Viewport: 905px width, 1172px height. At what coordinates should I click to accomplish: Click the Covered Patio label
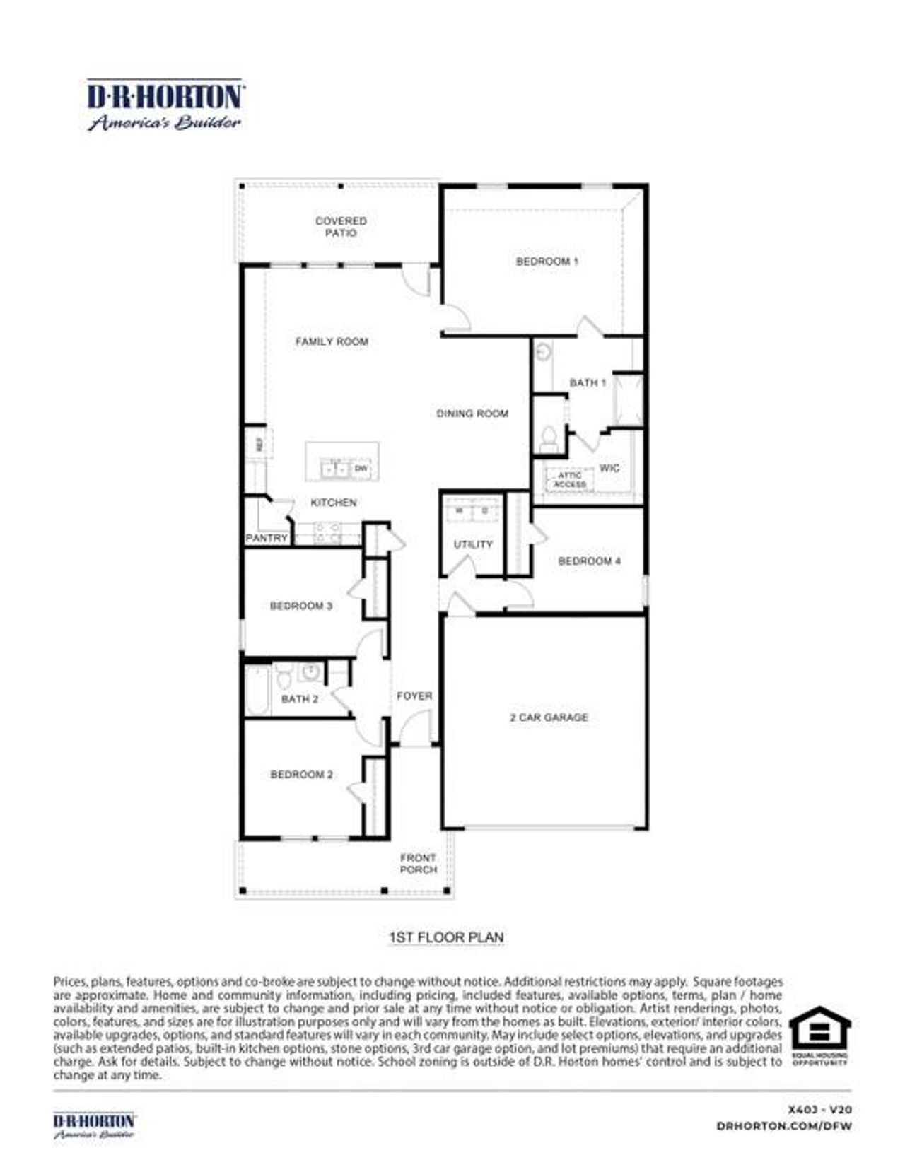[341, 226]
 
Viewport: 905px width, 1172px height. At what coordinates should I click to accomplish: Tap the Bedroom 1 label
[547, 262]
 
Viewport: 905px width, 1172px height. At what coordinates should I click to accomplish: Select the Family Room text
[332, 341]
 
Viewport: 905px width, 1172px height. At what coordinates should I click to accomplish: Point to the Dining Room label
[472, 414]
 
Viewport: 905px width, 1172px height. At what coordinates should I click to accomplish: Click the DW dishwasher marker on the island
[361, 469]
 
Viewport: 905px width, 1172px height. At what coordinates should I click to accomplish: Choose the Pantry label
[267, 538]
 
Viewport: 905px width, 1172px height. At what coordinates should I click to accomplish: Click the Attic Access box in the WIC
[569, 480]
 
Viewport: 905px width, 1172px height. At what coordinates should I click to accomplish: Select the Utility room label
[473, 544]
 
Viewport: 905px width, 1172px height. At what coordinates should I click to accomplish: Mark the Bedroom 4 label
[589, 561]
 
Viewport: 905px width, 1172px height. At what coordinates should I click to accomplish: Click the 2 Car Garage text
[549, 717]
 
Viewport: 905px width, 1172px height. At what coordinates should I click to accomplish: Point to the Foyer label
[414, 696]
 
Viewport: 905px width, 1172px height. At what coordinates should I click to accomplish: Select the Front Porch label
[419, 864]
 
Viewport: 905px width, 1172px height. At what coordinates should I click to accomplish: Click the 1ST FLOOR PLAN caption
[446, 937]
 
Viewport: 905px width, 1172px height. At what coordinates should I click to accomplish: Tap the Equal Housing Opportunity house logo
[819, 1029]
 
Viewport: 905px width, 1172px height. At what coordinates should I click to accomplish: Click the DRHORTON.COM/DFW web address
[783, 1126]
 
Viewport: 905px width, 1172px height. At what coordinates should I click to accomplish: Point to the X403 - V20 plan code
[819, 1110]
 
